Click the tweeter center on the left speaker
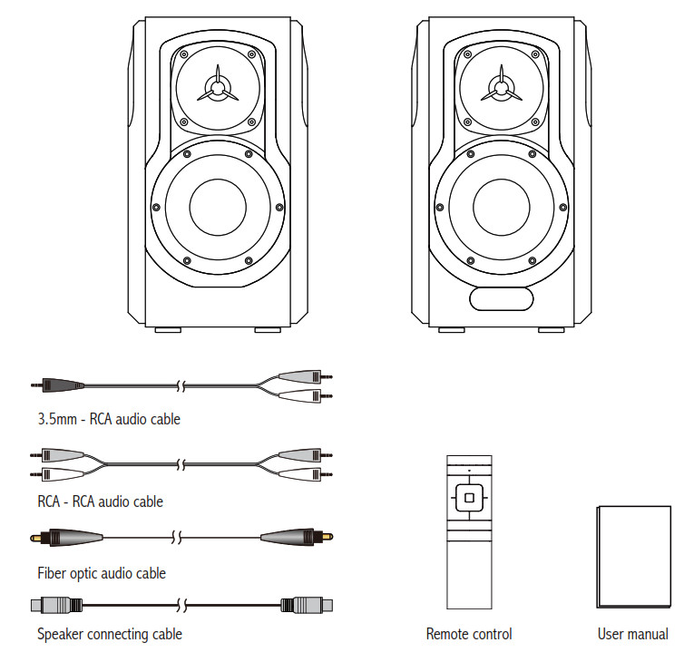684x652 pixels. click(x=217, y=88)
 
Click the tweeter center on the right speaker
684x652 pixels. click(x=499, y=88)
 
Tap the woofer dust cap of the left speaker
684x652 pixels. click(x=217, y=206)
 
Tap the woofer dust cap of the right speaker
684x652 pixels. click(x=499, y=206)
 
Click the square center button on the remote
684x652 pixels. click(x=468, y=496)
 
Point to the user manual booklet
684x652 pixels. click(x=631, y=557)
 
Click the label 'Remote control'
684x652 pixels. click(x=469, y=634)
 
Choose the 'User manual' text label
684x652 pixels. click(x=632, y=634)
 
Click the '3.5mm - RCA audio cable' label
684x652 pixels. click(x=109, y=419)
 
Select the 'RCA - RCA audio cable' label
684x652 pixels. click(x=101, y=501)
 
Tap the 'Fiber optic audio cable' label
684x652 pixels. click(x=102, y=573)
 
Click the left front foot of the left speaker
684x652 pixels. click(x=167, y=330)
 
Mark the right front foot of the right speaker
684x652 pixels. click(x=550, y=330)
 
